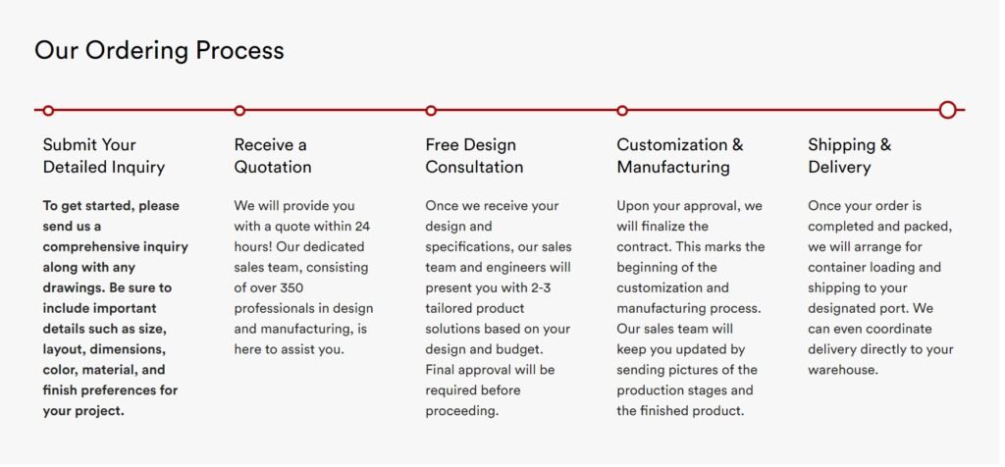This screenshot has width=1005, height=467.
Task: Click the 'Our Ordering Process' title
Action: (159, 50)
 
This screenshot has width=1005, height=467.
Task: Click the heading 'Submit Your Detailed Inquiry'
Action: (104, 156)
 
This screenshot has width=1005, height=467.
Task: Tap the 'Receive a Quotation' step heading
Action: (273, 156)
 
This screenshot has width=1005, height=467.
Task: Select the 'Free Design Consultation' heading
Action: (474, 156)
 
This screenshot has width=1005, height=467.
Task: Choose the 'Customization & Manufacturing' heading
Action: (680, 156)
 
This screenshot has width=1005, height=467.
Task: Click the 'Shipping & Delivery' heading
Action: (849, 156)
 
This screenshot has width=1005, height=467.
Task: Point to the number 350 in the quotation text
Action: (291, 287)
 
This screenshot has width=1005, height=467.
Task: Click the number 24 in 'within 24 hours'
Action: (362, 226)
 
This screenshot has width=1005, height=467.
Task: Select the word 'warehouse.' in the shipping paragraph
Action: (843, 370)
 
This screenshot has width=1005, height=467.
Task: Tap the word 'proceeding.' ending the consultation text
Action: (462, 411)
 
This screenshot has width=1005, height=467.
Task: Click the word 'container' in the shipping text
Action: (837, 267)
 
